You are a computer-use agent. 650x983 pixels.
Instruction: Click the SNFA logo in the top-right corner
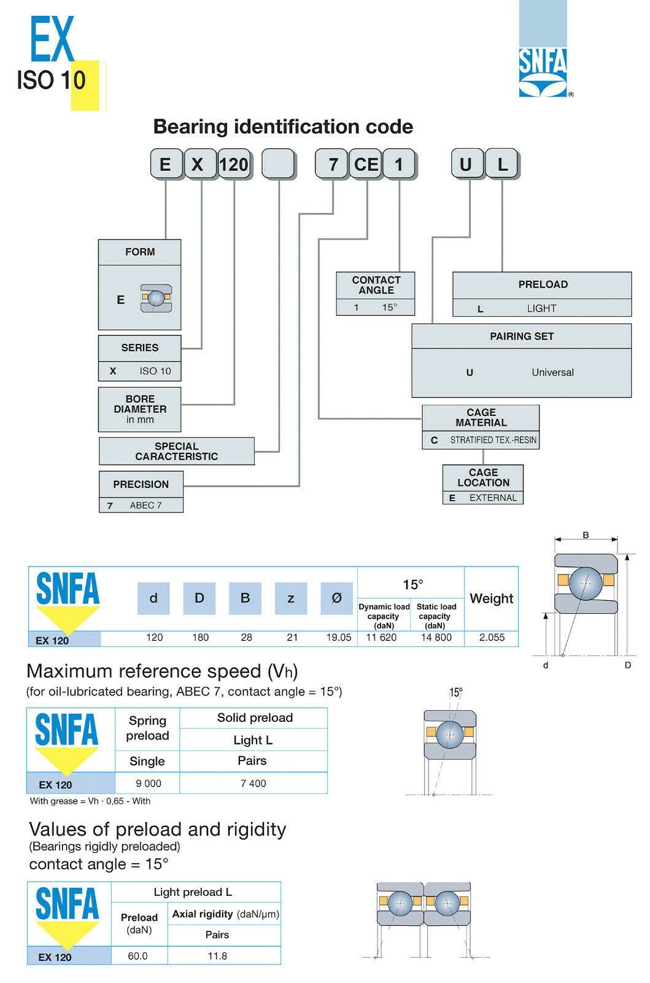coord(543,72)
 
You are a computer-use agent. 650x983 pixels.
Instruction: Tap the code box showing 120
coord(234,165)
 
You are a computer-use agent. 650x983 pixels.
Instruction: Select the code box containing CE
coord(366,165)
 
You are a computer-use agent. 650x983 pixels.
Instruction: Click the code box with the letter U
coord(466,165)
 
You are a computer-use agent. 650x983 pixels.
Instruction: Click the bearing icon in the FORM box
coord(157,299)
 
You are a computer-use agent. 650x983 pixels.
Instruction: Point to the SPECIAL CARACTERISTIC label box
coord(177,452)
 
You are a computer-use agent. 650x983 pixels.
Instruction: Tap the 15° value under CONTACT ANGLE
coord(390,307)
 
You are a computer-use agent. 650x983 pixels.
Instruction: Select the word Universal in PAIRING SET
coord(552,372)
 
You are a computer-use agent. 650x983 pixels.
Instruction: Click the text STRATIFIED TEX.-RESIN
coord(493,440)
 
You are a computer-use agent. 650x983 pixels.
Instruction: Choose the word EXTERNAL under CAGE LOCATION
coord(493,498)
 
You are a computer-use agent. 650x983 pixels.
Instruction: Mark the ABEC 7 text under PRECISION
coord(146,505)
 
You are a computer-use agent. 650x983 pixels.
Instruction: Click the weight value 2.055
coord(492,638)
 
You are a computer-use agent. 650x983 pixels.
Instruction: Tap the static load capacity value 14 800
coord(436,638)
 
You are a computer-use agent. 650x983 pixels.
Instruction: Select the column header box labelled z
coord(291,598)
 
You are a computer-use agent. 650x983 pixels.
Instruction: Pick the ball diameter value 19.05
coord(338,638)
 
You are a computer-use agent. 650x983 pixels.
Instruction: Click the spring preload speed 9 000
coord(149,783)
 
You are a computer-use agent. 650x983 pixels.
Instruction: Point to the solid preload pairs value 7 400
coord(253,783)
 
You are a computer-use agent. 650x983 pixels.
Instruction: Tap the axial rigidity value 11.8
coord(217,956)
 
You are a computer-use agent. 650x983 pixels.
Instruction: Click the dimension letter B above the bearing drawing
coord(586,535)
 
